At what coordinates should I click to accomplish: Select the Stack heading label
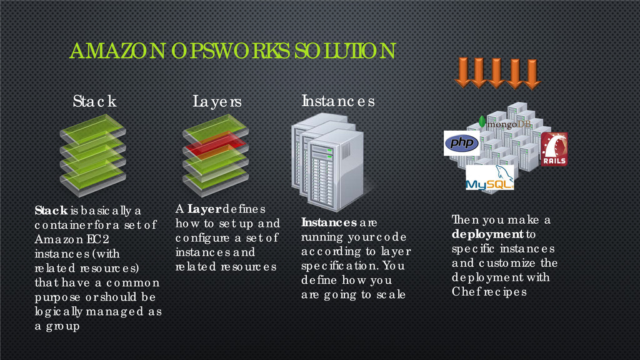click(94, 101)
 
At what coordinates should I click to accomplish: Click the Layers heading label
click(216, 101)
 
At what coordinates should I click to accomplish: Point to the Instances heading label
click(338, 100)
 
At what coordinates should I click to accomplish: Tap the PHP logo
click(461, 143)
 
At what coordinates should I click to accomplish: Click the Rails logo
click(554, 149)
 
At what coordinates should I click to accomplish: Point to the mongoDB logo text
click(509, 124)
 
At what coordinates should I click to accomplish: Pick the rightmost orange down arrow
click(532, 73)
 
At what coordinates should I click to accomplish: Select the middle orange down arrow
click(497, 73)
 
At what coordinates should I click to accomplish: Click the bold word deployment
click(487, 235)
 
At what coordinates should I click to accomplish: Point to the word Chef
click(464, 292)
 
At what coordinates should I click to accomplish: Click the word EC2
click(87, 240)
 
